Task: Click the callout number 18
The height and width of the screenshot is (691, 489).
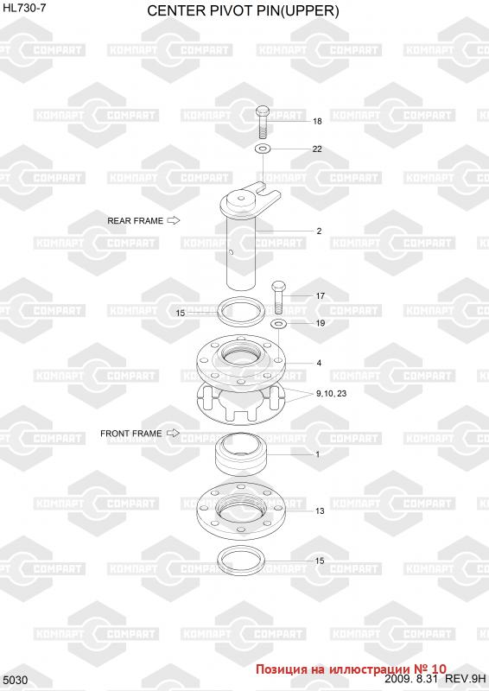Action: point(317,121)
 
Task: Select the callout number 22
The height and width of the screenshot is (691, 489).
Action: point(317,149)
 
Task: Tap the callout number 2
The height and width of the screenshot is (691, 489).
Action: point(319,231)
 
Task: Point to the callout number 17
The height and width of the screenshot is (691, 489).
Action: point(321,296)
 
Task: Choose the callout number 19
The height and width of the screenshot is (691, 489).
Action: point(321,323)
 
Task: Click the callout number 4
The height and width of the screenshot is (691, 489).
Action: point(319,363)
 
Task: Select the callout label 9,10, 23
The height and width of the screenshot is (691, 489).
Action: point(331,394)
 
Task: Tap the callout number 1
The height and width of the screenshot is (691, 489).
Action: point(318,454)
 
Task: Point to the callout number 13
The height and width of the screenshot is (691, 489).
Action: point(320,511)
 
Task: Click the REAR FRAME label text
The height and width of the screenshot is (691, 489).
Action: point(136,221)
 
